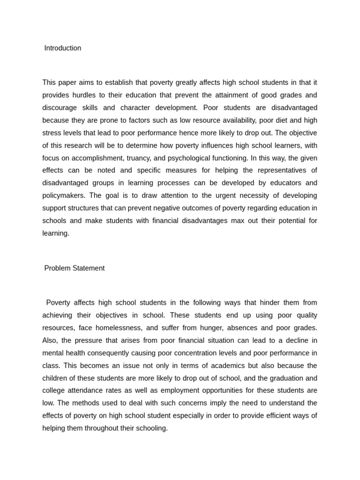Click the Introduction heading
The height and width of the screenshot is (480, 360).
(x=62, y=48)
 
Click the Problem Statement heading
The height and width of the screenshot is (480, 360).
(x=74, y=269)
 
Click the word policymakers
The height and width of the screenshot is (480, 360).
(x=63, y=195)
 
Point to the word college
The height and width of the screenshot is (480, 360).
(x=54, y=390)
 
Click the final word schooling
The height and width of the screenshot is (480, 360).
(x=150, y=428)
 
